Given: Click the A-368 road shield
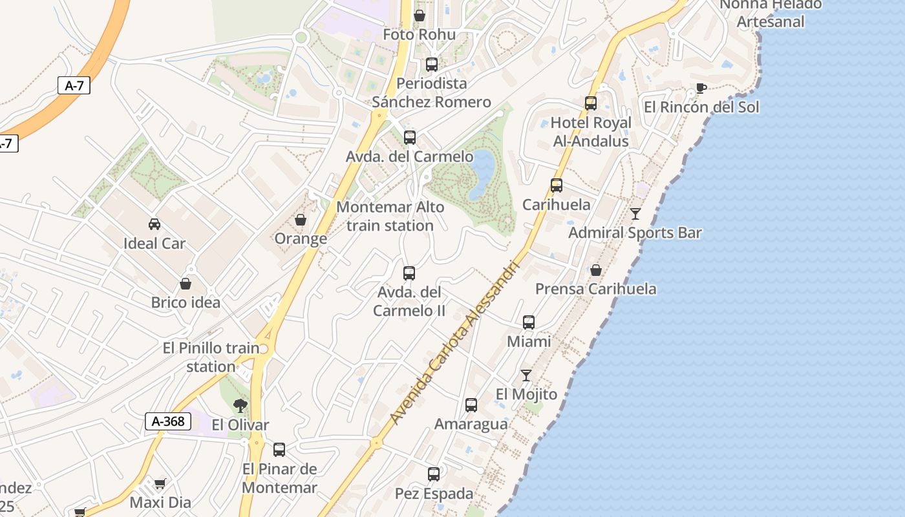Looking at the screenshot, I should (x=167, y=421).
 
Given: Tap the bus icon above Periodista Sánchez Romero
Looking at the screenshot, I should (x=432, y=65).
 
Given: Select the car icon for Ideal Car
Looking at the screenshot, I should (x=154, y=224).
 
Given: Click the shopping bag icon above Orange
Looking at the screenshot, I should (x=301, y=220).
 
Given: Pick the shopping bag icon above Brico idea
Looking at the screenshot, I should (x=186, y=284).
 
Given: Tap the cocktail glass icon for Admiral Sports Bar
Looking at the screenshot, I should (x=635, y=213).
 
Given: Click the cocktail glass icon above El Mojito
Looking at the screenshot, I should (x=526, y=375).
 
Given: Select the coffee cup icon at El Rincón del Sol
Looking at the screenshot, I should (x=701, y=89).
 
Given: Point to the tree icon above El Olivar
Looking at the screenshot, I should (x=240, y=406).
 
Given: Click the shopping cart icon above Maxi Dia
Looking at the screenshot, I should (x=160, y=483).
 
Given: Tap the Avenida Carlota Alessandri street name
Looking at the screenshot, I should (x=456, y=343).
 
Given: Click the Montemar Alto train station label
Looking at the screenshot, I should (x=390, y=216).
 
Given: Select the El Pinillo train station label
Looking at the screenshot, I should (x=211, y=357).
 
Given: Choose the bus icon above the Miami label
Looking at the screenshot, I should (x=529, y=322).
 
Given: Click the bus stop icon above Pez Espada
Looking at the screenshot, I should (x=434, y=474).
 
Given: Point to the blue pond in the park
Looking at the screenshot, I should (x=482, y=173).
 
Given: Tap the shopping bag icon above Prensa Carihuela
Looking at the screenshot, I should (x=596, y=270).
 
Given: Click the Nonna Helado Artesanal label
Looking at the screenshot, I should (x=771, y=13).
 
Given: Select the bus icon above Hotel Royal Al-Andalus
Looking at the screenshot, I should (x=590, y=103).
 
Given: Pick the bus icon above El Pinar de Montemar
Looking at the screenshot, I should (x=279, y=450).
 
